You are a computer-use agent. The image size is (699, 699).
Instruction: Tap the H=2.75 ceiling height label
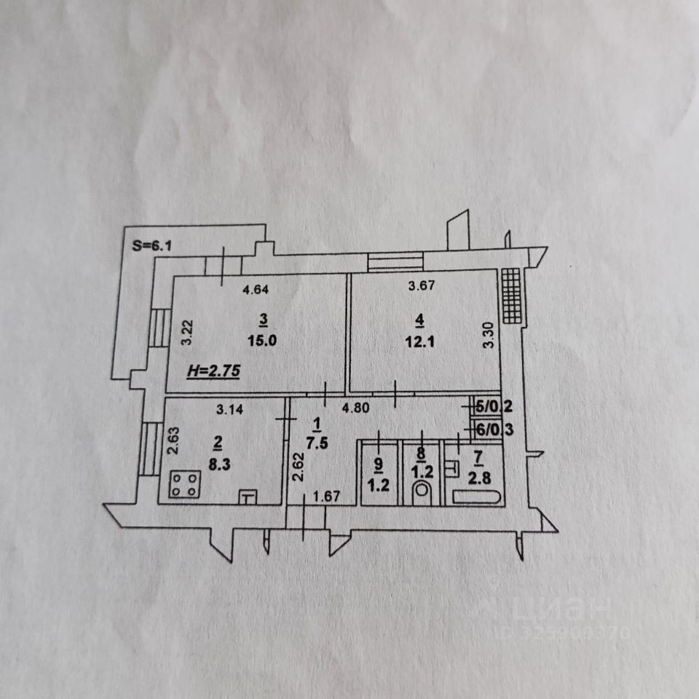[x=214, y=370]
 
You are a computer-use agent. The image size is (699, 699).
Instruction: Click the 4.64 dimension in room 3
[x=256, y=290]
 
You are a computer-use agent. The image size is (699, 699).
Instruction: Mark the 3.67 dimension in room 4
[x=422, y=286]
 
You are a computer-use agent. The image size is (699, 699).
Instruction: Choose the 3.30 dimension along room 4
[x=492, y=336]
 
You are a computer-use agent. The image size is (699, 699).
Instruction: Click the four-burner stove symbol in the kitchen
[x=185, y=485]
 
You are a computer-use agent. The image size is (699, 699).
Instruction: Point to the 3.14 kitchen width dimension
[x=229, y=409]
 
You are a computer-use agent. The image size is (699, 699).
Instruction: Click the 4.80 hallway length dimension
[x=357, y=409]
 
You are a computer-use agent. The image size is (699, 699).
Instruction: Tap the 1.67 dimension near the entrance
[x=326, y=497]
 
